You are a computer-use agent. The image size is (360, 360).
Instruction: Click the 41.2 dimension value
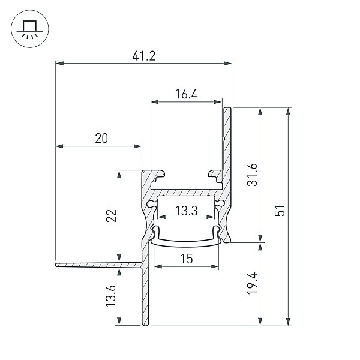coord(144,56)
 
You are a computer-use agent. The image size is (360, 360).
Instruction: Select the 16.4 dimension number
coord(186,94)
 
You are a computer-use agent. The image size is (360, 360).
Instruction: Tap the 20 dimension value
coord(101,139)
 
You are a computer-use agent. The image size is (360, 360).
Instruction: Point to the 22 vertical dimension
coord(112,215)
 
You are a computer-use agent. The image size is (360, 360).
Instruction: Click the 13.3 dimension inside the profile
coord(186,211)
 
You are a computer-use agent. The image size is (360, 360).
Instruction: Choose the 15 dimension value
coord(186,259)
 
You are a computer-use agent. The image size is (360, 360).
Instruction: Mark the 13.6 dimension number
coord(110,296)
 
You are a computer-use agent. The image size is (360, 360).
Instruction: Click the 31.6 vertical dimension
coord(252,175)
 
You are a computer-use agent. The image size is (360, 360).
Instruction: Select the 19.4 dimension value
coord(252,284)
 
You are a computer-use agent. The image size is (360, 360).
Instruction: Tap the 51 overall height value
coord(280,211)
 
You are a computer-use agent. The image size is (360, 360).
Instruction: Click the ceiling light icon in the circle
coord(30,29)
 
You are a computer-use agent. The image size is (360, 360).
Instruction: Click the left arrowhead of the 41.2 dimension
coord(59,63)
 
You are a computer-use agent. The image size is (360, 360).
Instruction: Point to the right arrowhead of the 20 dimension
coord(137,146)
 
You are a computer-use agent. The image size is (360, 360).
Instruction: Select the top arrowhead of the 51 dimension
coord(289,112)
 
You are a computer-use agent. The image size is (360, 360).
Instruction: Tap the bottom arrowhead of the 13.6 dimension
coord(119,321)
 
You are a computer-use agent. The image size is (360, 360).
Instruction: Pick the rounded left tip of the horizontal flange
coord(56,265)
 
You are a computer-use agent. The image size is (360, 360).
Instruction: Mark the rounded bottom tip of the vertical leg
coord(145,324)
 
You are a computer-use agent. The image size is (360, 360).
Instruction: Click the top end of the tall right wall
coord(227,108)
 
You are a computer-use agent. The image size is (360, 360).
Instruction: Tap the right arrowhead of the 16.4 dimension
coord(217,102)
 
